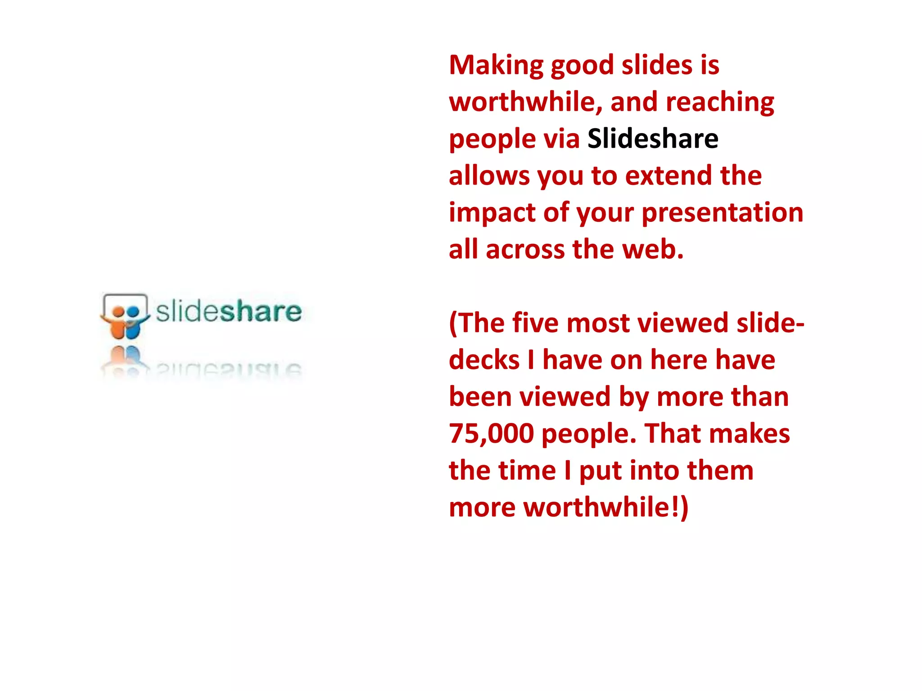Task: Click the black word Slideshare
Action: click(653, 139)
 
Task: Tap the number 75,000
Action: click(491, 434)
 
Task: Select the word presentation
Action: click(722, 213)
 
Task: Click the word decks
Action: click(484, 360)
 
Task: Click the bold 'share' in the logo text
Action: click(260, 311)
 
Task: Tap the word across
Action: click(525, 250)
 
